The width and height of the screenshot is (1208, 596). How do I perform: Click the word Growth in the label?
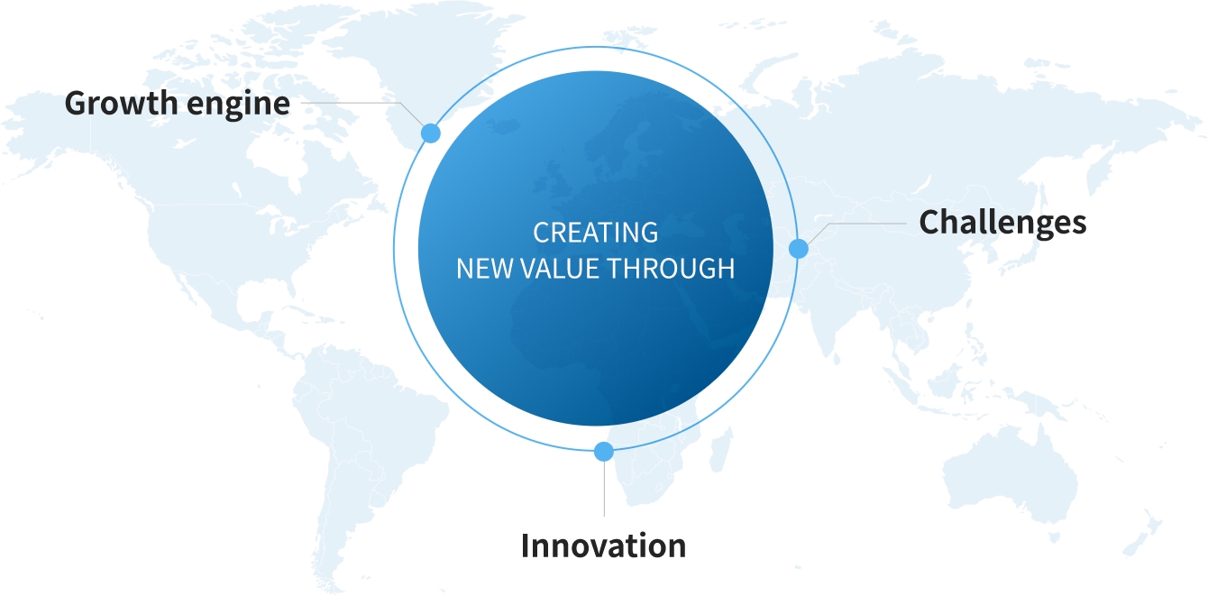[121, 103]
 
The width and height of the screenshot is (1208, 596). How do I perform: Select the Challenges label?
[1002, 223]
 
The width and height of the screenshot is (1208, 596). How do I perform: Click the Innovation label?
[603, 546]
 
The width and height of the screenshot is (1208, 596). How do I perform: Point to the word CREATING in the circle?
[595, 233]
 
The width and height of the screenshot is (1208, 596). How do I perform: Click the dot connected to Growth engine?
[430, 133]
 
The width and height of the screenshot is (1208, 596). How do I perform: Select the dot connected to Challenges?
[798, 249]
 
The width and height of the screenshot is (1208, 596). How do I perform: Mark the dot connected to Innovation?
[603, 452]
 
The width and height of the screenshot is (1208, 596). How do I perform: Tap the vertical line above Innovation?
[604, 489]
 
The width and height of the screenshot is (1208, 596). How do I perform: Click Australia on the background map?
[1011, 474]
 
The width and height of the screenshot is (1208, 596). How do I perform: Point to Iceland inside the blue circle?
[503, 127]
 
